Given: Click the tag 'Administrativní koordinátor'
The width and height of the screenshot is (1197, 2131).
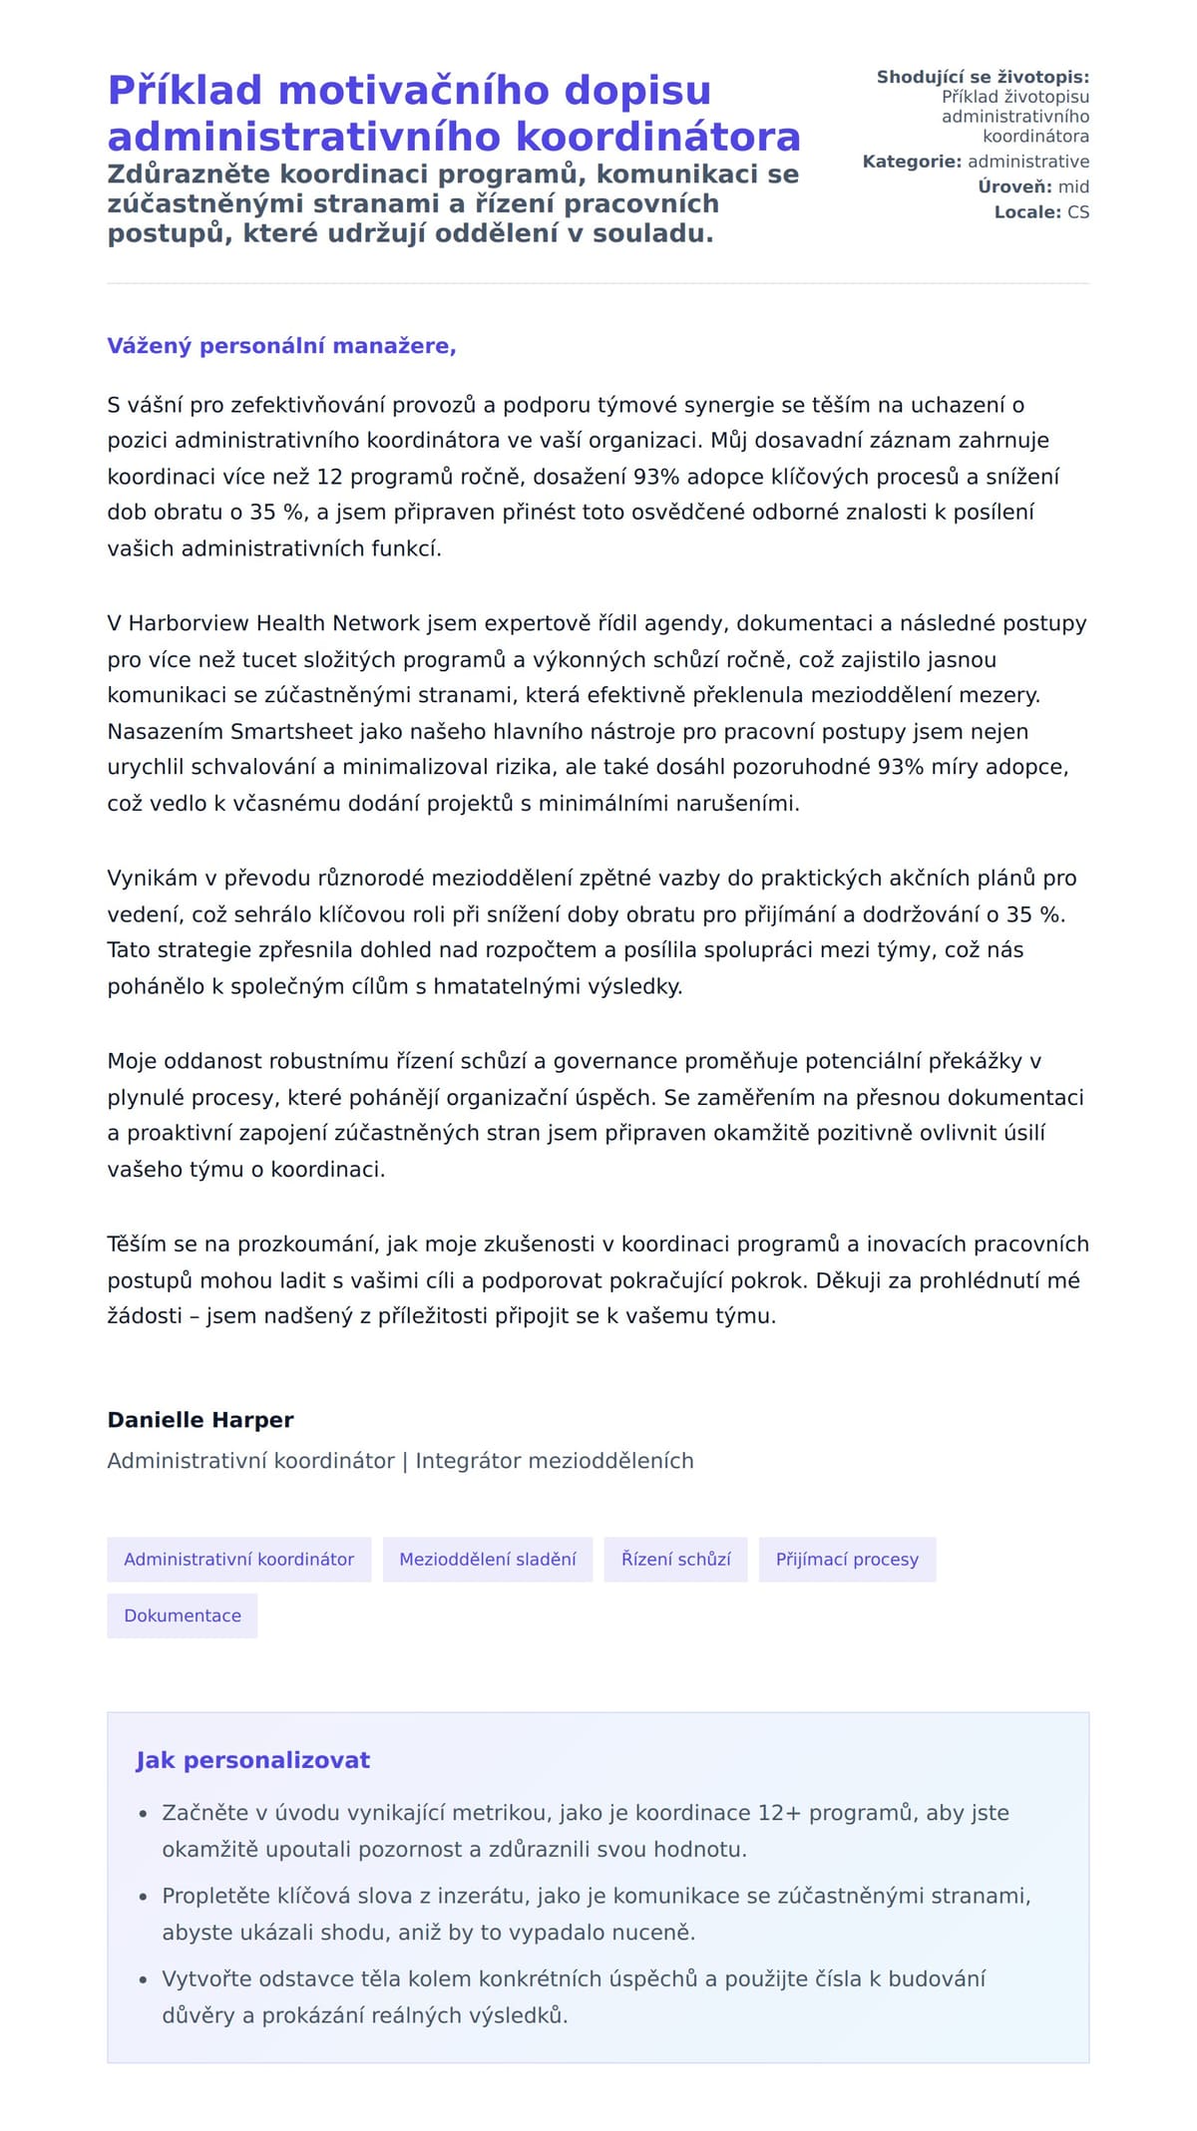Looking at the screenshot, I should [x=238, y=1559].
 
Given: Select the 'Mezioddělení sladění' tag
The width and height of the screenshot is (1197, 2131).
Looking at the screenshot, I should [x=487, y=1559].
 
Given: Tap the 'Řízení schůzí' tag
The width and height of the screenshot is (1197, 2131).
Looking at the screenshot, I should [x=675, y=1559].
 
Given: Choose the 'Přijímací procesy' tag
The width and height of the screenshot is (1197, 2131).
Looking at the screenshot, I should [x=847, y=1559].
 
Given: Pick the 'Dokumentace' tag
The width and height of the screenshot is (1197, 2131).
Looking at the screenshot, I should [x=183, y=1615].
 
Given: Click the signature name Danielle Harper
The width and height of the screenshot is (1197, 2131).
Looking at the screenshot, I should [x=200, y=1420].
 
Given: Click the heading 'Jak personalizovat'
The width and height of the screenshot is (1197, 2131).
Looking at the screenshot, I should [x=252, y=1760].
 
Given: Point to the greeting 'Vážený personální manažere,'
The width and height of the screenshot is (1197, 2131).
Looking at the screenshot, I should [x=281, y=346].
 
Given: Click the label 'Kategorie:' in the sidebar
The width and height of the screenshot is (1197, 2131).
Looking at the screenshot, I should [x=912, y=162].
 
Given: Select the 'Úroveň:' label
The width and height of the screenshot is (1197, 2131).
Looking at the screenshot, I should [x=1014, y=186].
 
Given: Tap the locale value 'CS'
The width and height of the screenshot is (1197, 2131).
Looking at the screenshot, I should [x=1078, y=212].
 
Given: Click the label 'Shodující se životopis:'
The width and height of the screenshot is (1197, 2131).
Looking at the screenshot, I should [x=983, y=77].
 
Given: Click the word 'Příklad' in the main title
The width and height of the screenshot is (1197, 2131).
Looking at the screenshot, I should [x=185, y=91].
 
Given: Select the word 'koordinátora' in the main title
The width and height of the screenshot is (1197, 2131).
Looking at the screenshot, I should [x=689, y=137].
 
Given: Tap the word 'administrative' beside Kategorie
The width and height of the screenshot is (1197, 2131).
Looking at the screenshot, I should [x=1028, y=162].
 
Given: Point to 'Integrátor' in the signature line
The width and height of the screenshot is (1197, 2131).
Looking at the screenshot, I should [x=468, y=1461].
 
